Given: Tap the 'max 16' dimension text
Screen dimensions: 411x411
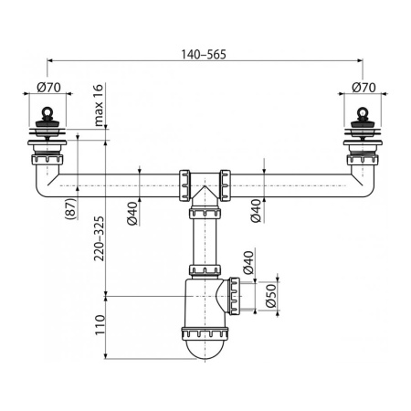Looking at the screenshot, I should pos(99,109).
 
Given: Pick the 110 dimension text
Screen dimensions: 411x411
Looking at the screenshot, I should pos(99,324).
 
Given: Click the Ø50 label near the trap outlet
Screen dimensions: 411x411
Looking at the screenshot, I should pos(270,297).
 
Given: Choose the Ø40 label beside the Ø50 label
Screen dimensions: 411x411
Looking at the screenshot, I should pos(247,266).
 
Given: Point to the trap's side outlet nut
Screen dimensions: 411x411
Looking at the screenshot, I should pos(240,296).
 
